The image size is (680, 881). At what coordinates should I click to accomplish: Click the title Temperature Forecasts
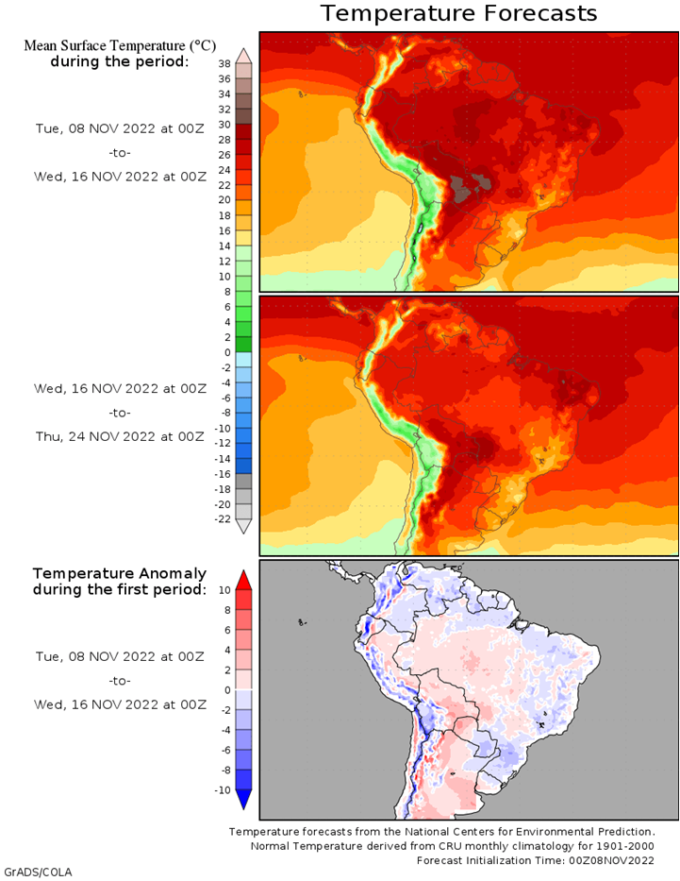pyautogui.click(x=458, y=13)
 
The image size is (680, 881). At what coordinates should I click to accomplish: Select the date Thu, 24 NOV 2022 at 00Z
pyautogui.click(x=120, y=436)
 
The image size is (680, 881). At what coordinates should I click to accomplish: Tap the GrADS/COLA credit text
pyautogui.click(x=38, y=873)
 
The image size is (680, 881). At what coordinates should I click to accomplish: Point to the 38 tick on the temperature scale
pyautogui.click(x=224, y=64)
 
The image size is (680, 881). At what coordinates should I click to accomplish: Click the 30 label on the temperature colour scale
pyautogui.click(x=224, y=125)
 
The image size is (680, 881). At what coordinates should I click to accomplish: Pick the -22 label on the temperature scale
pyautogui.click(x=223, y=519)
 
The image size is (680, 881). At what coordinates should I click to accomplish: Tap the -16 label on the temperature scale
pyautogui.click(x=223, y=474)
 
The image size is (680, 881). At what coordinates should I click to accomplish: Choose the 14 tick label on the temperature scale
pyautogui.click(x=224, y=246)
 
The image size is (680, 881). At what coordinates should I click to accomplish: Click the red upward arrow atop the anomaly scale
pyautogui.click(x=243, y=580)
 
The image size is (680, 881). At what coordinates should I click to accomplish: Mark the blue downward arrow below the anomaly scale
pyautogui.click(x=243, y=800)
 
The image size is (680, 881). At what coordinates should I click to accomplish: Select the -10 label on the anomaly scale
pyautogui.click(x=223, y=790)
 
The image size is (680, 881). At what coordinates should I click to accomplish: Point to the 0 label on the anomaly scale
pyautogui.click(x=227, y=690)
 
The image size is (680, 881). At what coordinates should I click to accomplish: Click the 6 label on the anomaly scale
pyautogui.click(x=227, y=630)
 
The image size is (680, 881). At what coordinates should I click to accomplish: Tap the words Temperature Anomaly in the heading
pyautogui.click(x=120, y=574)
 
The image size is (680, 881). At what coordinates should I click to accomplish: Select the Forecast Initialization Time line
pyautogui.click(x=536, y=861)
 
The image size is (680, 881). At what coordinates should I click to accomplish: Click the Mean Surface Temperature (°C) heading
pyautogui.click(x=120, y=45)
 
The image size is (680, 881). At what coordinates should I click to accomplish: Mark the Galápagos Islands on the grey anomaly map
pyautogui.click(x=303, y=622)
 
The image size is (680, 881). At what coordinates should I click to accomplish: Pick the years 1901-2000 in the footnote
pyautogui.click(x=626, y=846)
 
